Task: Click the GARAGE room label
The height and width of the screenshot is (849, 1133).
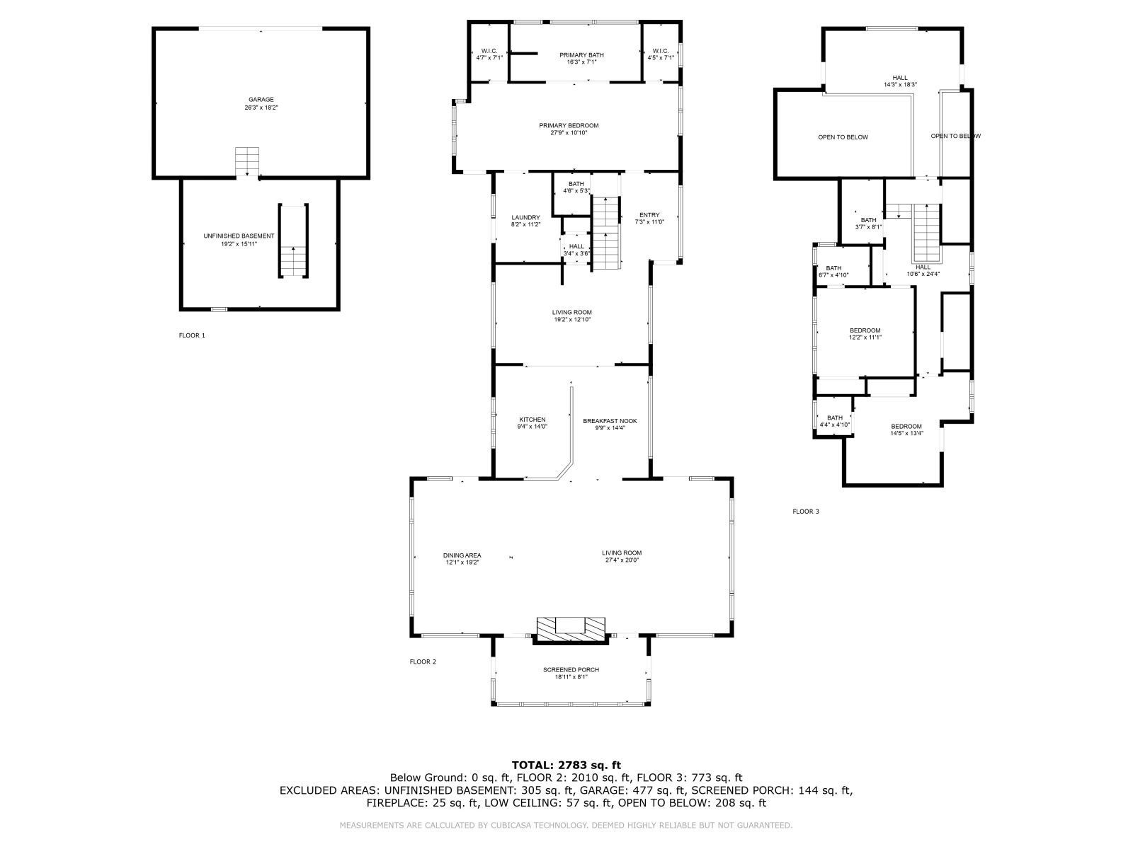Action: point(261,103)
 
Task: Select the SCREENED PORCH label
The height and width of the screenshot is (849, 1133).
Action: point(571,673)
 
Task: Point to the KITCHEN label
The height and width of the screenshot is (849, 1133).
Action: point(532,422)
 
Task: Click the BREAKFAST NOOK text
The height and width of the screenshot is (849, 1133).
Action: point(610,424)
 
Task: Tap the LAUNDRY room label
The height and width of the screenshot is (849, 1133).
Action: point(525,221)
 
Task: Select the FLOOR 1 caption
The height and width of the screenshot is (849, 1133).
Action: point(192,335)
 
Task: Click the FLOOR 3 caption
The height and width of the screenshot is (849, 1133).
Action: point(806,511)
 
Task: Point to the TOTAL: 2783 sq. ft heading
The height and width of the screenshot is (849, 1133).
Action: point(566,765)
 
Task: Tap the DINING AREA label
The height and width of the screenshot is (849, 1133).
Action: point(462,558)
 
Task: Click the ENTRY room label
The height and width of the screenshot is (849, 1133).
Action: point(649,218)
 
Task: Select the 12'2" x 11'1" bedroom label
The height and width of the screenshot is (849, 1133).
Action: point(865,334)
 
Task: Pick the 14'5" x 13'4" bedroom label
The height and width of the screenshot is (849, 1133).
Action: point(906,429)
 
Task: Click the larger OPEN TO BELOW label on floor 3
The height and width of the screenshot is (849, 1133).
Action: point(843,137)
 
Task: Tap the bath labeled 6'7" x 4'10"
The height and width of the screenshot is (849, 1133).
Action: point(833,271)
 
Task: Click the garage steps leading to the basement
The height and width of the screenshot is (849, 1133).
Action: point(248,162)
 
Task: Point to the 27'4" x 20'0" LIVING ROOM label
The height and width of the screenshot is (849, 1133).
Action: point(622,556)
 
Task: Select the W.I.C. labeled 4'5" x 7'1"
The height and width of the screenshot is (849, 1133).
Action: point(661,54)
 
